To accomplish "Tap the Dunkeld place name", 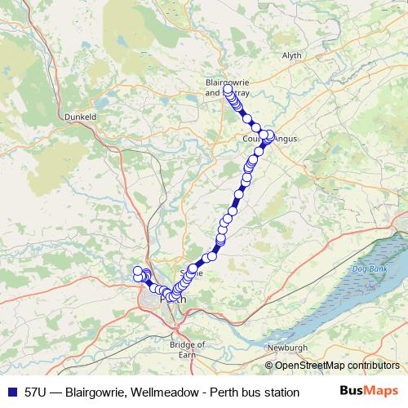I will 81,117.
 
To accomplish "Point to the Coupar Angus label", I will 270,140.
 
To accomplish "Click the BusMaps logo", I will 371,391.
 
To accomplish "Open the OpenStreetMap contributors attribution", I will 337,366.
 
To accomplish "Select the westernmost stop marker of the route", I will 138,272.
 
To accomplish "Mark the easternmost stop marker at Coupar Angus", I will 273,135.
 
